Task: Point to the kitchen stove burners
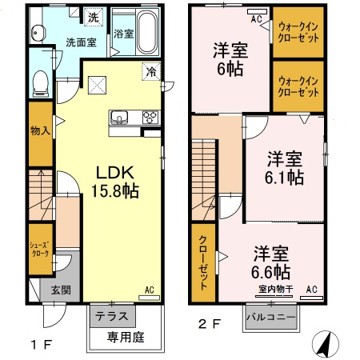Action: pos(150,118)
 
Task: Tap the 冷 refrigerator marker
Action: pos(150,72)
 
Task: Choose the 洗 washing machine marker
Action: pos(94,16)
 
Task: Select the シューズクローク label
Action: pos(41,248)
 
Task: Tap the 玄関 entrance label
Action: pos(50,289)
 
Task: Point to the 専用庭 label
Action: pos(126,338)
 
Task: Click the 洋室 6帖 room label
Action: pos(229,58)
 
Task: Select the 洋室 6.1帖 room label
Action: pos(284,166)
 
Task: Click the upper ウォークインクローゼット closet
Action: pos(299,34)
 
